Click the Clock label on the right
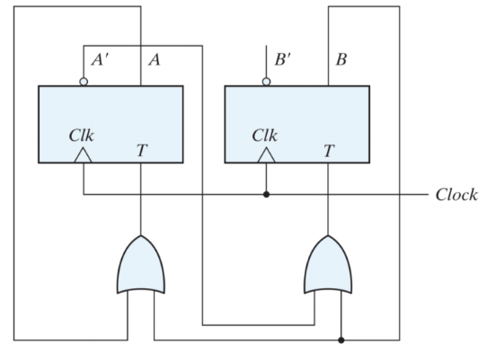pyautogui.click(x=456, y=195)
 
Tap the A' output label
pyautogui.click(x=100, y=59)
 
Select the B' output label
pyautogui.click(x=283, y=59)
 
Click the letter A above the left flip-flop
pyautogui.click(x=155, y=59)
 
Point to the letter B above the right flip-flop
pyautogui.click(x=341, y=59)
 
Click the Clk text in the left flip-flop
pyautogui.click(x=81, y=136)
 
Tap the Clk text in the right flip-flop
pyautogui.click(x=265, y=136)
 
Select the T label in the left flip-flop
pyautogui.click(x=142, y=151)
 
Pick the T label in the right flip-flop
pyautogui.click(x=329, y=151)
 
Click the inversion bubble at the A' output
pyautogui.click(x=84, y=82)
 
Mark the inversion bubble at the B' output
pyautogui.click(x=266, y=82)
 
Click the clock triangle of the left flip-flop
pyautogui.click(x=83, y=155)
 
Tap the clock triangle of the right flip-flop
pyautogui.click(x=266, y=155)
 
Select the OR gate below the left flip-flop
pyautogui.click(x=141, y=265)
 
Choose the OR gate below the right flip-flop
pyautogui.click(x=328, y=265)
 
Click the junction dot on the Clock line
pyautogui.click(x=266, y=195)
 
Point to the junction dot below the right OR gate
pyautogui.click(x=341, y=340)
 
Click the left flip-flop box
pyautogui.click(x=111, y=124)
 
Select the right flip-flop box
pyautogui.click(x=297, y=124)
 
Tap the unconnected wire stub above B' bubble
pyautogui.click(x=266, y=61)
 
